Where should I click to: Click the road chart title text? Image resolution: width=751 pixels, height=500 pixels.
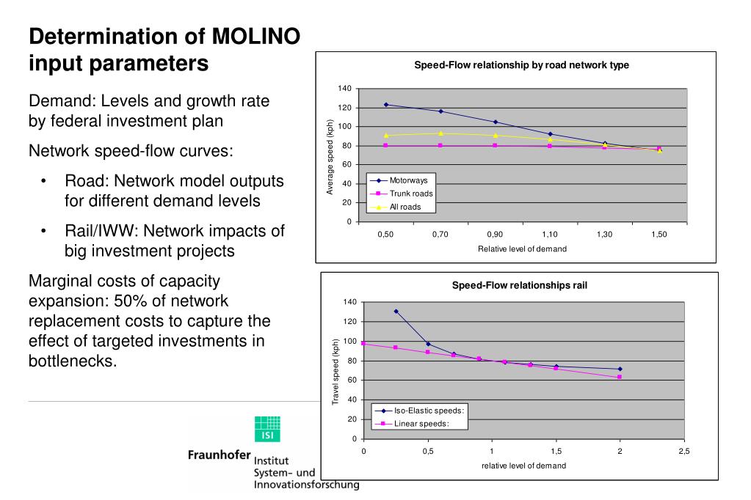(521, 65)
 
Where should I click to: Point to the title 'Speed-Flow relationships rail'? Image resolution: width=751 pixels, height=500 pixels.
(519, 286)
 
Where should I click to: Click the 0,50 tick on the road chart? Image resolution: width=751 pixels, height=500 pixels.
(385, 234)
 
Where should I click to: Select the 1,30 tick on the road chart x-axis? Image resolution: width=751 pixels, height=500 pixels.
(604, 234)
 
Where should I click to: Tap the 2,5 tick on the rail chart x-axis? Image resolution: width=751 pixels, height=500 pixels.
(683, 451)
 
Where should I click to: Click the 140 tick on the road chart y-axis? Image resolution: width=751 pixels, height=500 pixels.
(344, 89)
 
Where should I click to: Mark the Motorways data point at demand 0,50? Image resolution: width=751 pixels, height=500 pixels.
(385, 105)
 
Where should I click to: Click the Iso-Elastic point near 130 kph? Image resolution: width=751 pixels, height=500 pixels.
(396, 312)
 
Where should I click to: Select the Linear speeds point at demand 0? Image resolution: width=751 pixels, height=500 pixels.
(364, 344)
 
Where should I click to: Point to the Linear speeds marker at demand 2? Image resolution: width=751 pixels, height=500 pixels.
(620, 377)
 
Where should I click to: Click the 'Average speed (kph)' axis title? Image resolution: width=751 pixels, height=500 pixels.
(330, 157)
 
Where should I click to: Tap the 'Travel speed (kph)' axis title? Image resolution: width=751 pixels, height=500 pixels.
(335, 372)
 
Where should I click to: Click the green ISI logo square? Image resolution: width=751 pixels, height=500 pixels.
(267, 429)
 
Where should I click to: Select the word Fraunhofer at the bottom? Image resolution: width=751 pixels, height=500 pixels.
(220, 455)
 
